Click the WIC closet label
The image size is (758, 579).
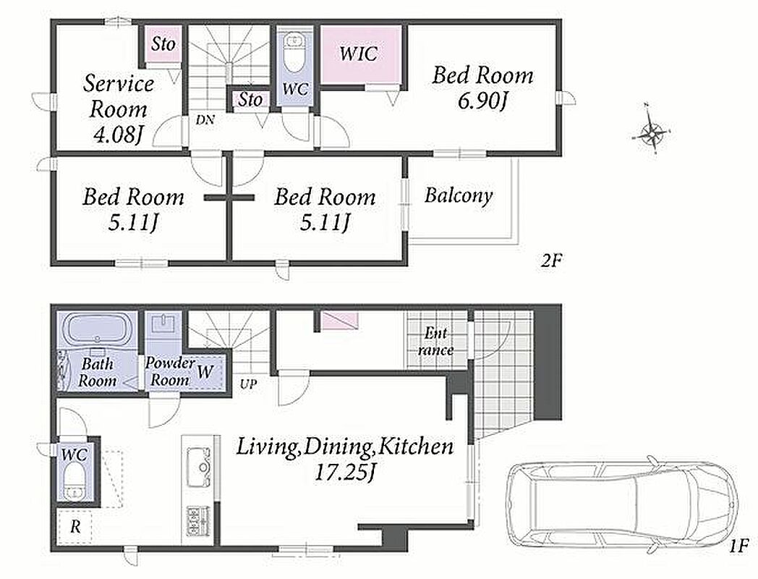[358, 54]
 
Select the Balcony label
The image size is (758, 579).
[459, 195]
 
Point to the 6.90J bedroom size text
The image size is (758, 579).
[482, 101]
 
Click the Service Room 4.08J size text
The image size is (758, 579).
[117, 135]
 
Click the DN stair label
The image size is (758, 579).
[205, 119]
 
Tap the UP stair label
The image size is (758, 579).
[249, 384]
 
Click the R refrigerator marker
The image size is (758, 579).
[75, 526]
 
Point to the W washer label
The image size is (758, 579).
[205, 371]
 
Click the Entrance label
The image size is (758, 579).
[435, 342]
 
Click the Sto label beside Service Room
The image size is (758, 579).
[163, 44]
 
